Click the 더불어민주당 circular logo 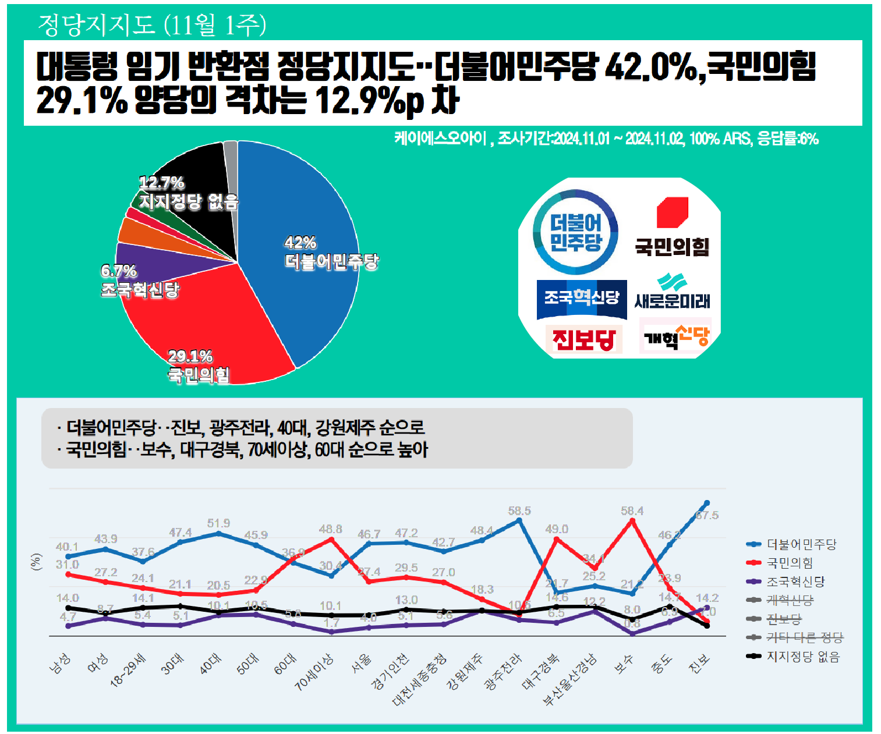pyautogui.click(x=576, y=232)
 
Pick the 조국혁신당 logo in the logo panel pyautogui.click(x=581, y=299)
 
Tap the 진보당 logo pyautogui.click(x=583, y=339)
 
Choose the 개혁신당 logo pyautogui.click(x=676, y=336)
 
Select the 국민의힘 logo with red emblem pyautogui.click(x=673, y=227)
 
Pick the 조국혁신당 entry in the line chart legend pyautogui.click(x=795, y=581)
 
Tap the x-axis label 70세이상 pyautogui.click(x=314, y=672)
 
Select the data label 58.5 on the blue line pyautogui.click(x=519, y=511)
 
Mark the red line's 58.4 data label pyautogui.click(x=632, y=511)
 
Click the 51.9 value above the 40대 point pyautogui.click(x=218, y=523)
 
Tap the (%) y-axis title pyautogui.click(x=37, y=562)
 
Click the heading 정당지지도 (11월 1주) pyautogui.click(x=152, y=24)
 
